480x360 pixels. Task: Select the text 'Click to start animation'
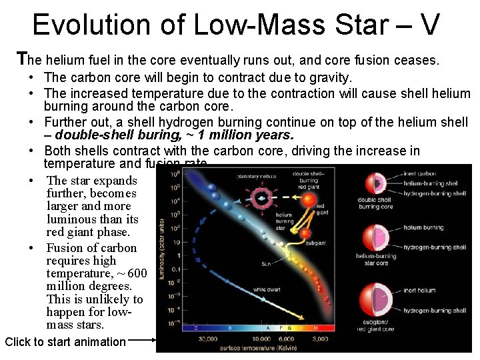click(x=65, y=342)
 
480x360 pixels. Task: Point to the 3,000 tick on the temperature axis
click(x=319, y=339)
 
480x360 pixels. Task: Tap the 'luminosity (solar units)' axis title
click(x=162, y=253)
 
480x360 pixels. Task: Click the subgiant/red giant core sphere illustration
click(x=377, y=299)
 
